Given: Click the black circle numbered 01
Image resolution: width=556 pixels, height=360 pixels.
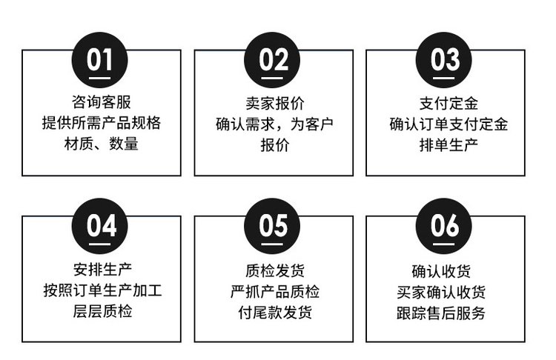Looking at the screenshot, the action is coord(99,60).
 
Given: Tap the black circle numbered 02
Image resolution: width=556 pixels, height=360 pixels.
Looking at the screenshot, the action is coord(272,60).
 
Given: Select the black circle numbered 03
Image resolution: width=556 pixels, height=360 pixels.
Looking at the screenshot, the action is coord(443,60).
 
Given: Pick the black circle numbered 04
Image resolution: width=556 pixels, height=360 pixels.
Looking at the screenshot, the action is coord(99,226).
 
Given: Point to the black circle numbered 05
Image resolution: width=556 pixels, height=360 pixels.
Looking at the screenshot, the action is coord(272,226).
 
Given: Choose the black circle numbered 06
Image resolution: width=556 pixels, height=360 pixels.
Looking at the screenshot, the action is coord(443,226).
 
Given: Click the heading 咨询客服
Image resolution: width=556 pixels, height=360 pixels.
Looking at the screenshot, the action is coord(102,102).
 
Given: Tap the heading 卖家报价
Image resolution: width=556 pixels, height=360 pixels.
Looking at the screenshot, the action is coord(275,104).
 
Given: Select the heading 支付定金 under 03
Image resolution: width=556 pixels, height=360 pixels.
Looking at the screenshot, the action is coord(449,104).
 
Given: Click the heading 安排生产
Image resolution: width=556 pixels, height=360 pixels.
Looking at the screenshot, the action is coord(103,270).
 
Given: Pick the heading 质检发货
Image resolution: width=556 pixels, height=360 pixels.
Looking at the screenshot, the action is coord(275,270).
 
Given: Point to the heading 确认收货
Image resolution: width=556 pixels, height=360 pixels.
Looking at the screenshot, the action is coord(441,271).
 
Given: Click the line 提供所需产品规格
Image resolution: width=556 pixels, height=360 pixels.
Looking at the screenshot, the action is coord(102,123).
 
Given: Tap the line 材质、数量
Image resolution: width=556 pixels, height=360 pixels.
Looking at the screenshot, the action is coord(102,144).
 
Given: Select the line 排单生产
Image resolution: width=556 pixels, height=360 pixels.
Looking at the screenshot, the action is coord(449,145).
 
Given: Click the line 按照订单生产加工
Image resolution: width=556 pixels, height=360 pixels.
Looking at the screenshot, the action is coord(103,290).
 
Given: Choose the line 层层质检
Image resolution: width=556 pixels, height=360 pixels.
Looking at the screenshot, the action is coord(103,311).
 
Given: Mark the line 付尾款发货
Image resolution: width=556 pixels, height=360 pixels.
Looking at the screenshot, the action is coord(275,313).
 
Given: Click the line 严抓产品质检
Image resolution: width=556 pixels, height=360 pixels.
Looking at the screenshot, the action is coord(275,292).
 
